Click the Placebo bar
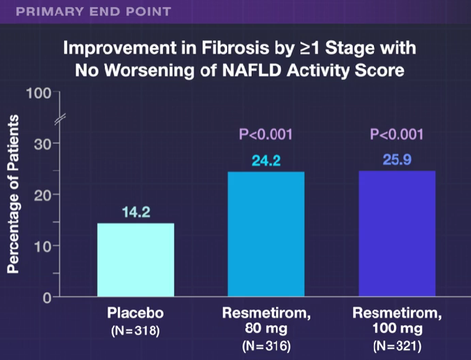click(135, 259)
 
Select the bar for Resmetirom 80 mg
click(266, 233)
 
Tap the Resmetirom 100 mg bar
click(396, 233)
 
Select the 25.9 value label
click(396, 161)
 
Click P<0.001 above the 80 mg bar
click(266, 134)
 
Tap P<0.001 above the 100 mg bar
click(396, 134)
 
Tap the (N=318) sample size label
click(136, 331)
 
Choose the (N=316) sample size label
click(266, 346)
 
